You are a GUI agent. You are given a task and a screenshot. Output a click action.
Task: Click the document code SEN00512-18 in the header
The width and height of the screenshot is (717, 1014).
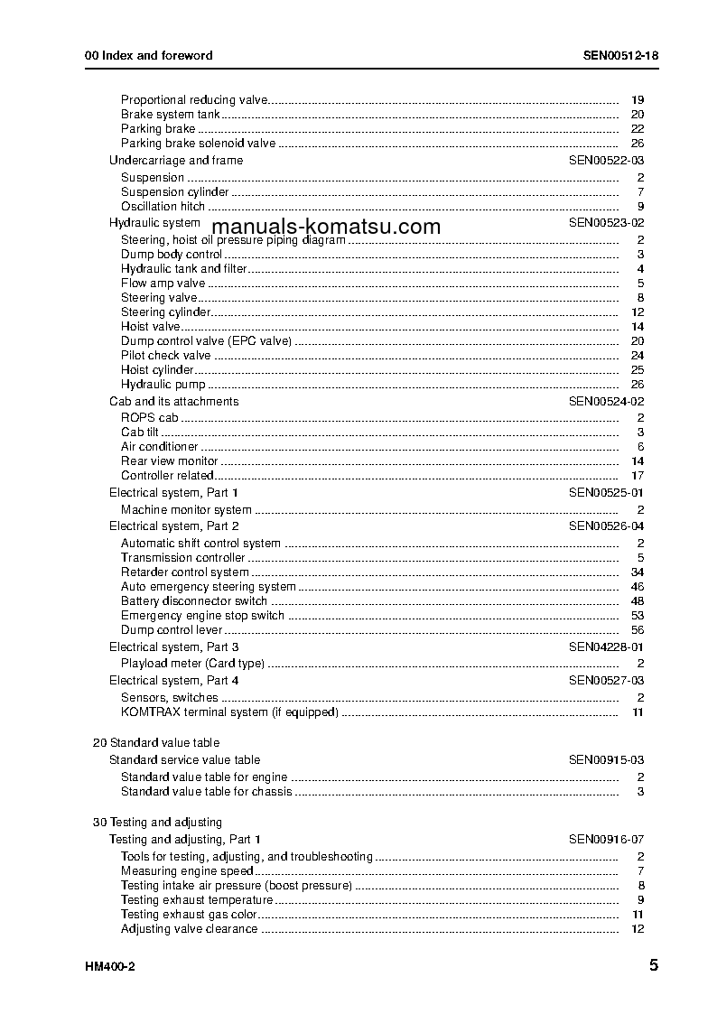point(620,55)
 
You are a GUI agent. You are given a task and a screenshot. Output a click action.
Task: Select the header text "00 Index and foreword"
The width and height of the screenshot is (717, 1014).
point(149,55)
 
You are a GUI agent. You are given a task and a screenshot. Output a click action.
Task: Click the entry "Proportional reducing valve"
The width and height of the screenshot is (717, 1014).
point(195,100)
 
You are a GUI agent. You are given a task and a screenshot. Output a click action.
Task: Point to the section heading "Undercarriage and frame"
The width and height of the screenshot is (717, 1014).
point(176,161)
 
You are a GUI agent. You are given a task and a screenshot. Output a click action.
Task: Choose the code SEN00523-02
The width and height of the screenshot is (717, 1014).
point(606,222)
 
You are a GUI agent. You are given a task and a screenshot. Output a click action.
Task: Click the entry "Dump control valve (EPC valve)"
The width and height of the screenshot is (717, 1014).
point(207,341)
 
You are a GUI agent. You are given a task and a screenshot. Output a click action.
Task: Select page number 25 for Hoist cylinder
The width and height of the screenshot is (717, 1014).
point(638,370)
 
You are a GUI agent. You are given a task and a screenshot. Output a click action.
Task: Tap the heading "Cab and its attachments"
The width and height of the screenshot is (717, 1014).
point(174,402)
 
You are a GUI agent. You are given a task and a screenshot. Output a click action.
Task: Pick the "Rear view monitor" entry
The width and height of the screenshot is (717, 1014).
point(170,461)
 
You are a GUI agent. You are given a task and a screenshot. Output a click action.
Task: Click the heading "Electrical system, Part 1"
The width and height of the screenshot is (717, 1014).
point(174,493)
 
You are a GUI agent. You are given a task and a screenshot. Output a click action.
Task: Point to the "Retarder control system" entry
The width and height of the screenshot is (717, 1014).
point(185,572)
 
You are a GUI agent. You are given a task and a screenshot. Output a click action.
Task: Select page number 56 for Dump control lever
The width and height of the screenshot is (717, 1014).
point(638,630)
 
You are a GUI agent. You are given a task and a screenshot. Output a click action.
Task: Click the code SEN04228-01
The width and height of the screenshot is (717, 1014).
point(606,647)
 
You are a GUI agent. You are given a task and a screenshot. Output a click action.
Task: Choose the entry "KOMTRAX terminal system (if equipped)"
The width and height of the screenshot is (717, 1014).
point(229,712)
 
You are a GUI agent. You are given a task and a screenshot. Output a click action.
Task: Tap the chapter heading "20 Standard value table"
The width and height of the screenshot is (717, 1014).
point(156,743)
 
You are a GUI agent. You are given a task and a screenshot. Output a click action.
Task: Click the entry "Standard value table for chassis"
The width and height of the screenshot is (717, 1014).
point(207,792)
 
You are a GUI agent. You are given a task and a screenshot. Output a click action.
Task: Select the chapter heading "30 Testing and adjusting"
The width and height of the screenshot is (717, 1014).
point(158,823)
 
